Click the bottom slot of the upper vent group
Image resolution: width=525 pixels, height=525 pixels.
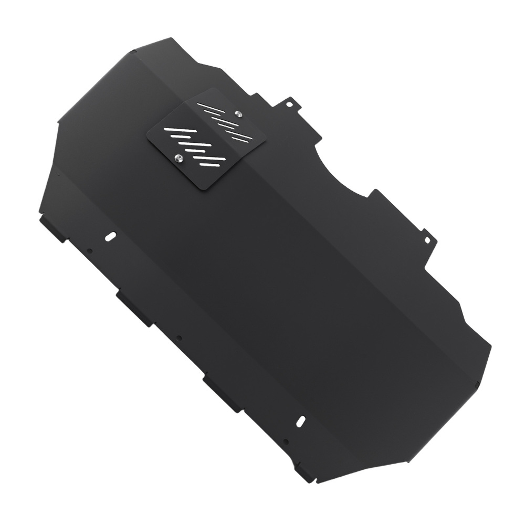243,140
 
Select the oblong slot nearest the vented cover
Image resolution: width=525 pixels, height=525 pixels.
111,237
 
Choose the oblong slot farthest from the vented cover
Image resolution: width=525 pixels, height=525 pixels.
301,421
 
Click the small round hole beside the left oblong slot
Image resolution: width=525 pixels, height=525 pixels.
90,251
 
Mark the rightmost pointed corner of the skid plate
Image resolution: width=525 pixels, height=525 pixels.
490,346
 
